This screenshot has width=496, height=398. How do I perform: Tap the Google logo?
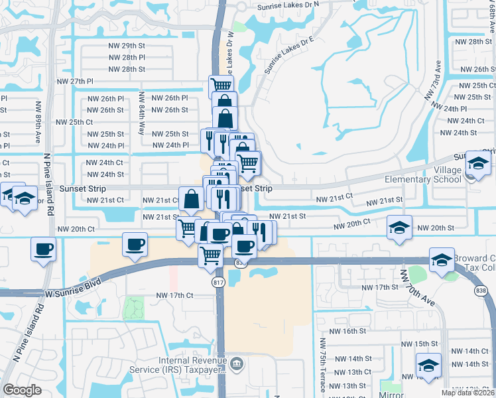tap(23, 390)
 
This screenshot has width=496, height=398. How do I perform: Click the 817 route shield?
tap(217, 283)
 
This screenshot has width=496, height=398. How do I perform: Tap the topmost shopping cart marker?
tap(221, 84)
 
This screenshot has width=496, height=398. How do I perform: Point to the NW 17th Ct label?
tap(174, 295)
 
